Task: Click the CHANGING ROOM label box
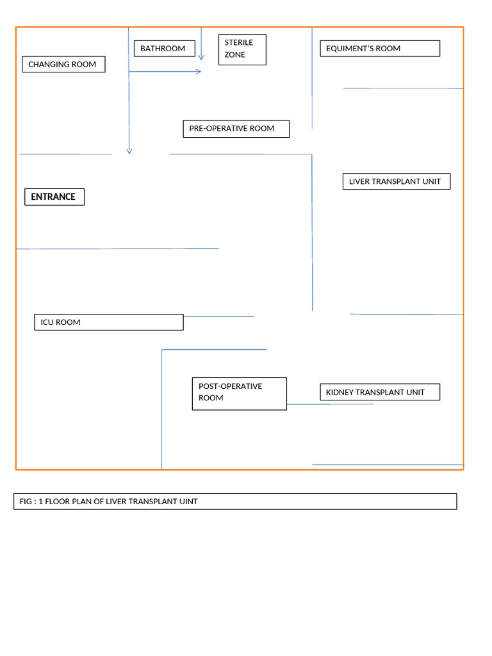(x=63, y=64)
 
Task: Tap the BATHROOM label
(x=163, y=49)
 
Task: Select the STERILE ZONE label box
(x=242, y=49)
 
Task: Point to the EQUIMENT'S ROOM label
(x=380, y=49)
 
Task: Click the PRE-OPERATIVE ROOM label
(x=236, y=129)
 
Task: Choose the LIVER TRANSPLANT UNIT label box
(x=396, y=181)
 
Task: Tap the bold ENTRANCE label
(x=54, y=197)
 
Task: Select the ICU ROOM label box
(x=108, y=322)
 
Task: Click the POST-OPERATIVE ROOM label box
(x=239, y=393)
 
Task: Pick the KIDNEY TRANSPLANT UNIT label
(x=380, y=392)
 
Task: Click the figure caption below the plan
(x=235, y=502)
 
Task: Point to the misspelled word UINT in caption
(x=188, y=502)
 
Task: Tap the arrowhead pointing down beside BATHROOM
(x=201, y=57)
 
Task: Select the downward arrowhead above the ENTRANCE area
(x=129, y=151)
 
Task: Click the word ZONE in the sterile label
(x=235, y=55)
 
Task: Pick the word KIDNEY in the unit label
(x=340, y=392)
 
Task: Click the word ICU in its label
(x=47, y=322)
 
